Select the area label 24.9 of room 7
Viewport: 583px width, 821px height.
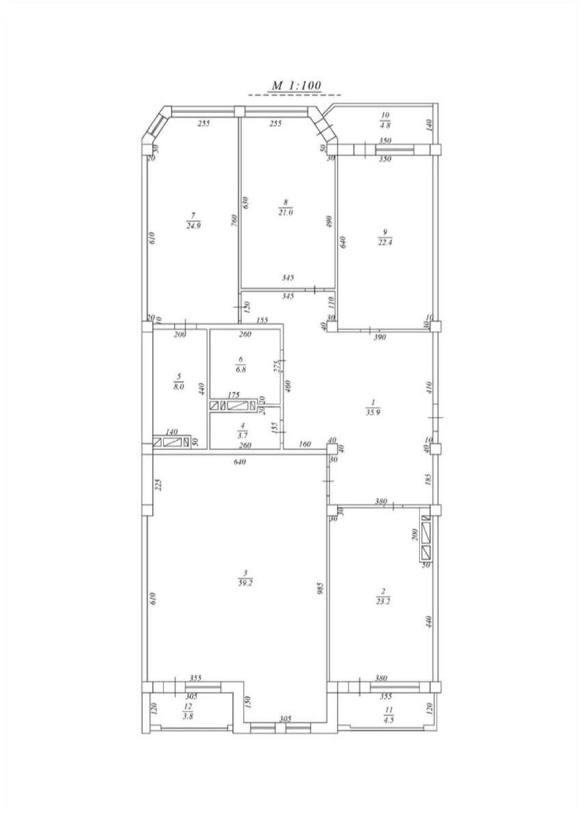coord(193,224)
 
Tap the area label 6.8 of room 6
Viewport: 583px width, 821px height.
coord(240,369)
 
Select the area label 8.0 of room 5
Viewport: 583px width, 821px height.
coord(179,386)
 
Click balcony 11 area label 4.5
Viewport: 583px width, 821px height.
coord(388,719)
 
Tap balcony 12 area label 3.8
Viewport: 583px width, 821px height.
coord(188,716)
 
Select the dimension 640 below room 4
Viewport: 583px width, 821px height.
coord(239,462)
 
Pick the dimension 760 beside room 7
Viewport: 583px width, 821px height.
coord(234,220)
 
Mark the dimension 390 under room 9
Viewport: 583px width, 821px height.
coord(379,337)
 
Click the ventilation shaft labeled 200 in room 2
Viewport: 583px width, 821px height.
coord(426,537)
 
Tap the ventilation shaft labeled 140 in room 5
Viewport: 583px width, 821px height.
coord(172,442)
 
